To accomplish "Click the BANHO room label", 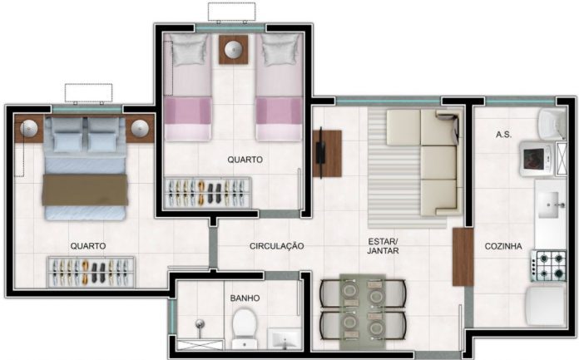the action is (245, 298).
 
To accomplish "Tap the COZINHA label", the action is (503, 246).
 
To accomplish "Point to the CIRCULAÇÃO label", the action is (276, 246).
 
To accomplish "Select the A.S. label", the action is (503, 135).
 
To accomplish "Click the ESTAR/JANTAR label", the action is (384, 246).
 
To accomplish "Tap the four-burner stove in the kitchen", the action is (549, 265).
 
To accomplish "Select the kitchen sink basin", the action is (550, 205).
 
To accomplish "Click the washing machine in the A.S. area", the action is (537, 159).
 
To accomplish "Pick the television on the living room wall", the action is (320, 153).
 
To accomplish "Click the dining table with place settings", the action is (363, 311).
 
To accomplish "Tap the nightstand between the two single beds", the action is (234, 50).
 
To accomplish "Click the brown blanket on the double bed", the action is (86, 190).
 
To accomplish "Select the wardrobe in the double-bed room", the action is (91, 272).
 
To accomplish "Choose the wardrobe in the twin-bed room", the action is (208, 193).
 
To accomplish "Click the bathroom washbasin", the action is (284, 338).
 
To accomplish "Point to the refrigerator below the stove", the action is (547, 306).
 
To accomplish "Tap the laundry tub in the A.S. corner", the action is (552, 124).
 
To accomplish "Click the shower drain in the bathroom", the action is (200, 323).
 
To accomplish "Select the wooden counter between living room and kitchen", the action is (463, 257).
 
